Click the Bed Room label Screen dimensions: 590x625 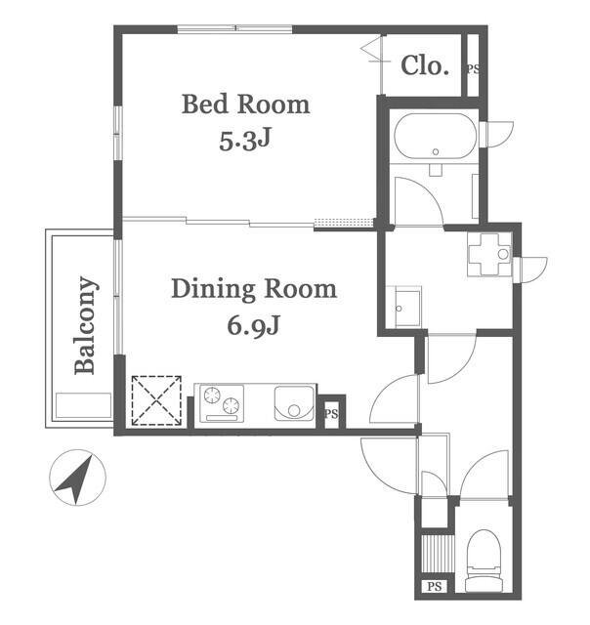[245, 104]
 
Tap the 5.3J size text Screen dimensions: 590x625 [245, 141]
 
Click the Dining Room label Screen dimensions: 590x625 [254, 289]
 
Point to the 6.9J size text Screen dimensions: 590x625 [253, 325]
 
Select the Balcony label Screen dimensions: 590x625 [85, 325]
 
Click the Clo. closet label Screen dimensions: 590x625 [425, 65]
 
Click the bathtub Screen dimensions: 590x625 [435, 136]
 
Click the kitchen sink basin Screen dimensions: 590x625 [294, 402]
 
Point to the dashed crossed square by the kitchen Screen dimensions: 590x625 [156, 400]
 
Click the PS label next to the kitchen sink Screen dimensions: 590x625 [331, 414]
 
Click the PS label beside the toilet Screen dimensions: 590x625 [434, 587]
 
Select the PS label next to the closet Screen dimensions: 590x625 [473, 69]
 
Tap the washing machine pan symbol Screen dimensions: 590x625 [489, 254]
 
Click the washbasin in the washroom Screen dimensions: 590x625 [407, 308]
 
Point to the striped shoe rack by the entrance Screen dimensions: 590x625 [438, 554]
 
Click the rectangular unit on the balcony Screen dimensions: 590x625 [83, 405]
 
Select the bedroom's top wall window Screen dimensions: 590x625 [234, 28]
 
